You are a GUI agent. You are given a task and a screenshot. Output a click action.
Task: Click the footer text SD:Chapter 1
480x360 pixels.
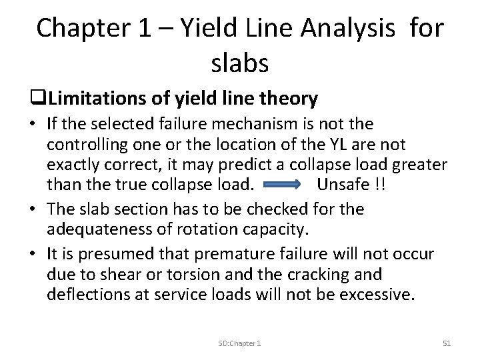pos(240,343)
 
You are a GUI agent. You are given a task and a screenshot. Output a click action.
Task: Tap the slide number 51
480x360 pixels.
pos(447,343)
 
